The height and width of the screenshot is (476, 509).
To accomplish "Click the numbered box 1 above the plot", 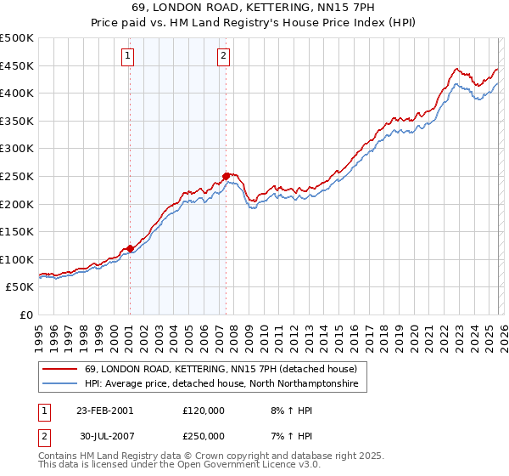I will point(127,57).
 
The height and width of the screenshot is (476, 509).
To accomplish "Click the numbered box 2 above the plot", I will point(223,57).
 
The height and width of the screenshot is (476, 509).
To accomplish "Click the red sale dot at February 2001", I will point(130,248).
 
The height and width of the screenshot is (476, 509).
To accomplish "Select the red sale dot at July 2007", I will point(227,176).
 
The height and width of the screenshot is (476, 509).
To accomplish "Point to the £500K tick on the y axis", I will point(17,38).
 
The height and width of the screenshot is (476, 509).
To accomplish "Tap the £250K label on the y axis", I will point(17,176).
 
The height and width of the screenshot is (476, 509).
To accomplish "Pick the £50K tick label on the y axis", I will point(20,287).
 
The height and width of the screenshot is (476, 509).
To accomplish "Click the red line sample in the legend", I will point(61,369).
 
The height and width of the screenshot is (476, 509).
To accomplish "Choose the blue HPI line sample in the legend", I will point(61,384).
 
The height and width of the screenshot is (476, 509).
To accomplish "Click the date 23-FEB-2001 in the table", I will point(104,411).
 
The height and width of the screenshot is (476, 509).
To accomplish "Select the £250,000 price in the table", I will point(204,436).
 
